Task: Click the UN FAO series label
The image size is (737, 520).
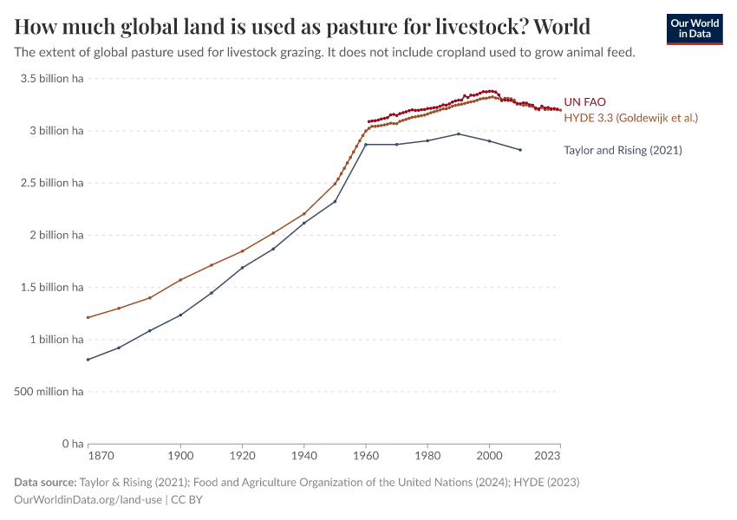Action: click(584, 102)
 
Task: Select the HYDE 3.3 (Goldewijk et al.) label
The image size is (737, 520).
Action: click(630, 117)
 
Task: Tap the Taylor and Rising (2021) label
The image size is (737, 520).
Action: click(623, 150)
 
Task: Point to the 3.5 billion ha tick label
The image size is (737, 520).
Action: click(51, 79)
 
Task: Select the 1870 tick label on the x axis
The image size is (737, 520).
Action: click(100, 454)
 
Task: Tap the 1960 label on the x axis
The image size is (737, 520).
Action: click(366, 454)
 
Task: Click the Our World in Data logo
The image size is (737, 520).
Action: click(695, 29)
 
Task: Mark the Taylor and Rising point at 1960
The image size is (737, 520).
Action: click(366, 144)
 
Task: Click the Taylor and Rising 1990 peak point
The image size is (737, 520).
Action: click(459, 133)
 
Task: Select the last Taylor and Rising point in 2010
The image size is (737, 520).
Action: click(520, 150)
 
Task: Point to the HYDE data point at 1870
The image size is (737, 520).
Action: click(88, 317)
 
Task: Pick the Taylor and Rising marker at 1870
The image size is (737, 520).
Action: click(88, 360)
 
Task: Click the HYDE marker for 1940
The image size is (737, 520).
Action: click(304, 214)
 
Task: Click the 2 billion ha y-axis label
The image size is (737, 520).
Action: click(53, 235)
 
